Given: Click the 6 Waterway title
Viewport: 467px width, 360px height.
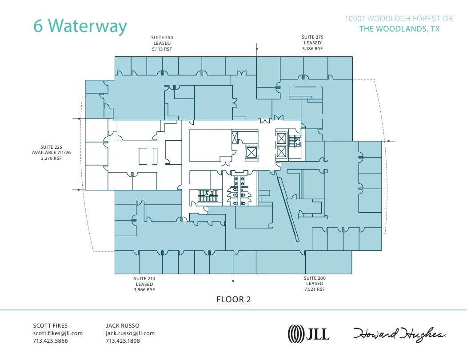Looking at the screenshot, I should (80, 26).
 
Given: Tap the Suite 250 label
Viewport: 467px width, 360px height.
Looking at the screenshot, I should (161, 37).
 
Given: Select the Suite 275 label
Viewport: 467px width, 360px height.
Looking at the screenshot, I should (312, 37).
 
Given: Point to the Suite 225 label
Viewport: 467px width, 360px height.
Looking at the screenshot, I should (50, 146).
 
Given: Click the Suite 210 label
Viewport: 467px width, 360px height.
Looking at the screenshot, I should (144, 278).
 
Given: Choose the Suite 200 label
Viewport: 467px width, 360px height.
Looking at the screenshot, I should (315, 278).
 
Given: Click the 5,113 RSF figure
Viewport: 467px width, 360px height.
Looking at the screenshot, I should (161, 49).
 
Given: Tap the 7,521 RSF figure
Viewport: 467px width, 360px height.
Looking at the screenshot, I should (315, 289).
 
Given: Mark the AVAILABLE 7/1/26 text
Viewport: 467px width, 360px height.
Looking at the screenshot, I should (50, 152).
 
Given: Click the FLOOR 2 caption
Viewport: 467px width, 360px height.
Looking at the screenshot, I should (233, 300).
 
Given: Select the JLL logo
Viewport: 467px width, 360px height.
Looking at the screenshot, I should (309, 333).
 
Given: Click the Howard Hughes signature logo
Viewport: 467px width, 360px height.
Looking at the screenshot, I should (399, 333).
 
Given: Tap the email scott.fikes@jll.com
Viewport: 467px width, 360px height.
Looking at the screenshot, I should (58, 333).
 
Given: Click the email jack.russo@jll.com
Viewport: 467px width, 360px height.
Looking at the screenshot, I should (130, 333).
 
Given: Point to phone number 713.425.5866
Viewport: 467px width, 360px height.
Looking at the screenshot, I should (51, 341).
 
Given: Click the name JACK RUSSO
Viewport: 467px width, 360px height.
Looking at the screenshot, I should (123, 325).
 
